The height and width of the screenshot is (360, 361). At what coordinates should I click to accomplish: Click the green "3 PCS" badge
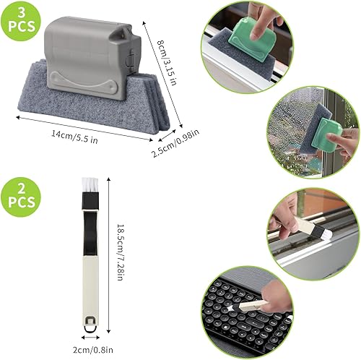tap(21, 21)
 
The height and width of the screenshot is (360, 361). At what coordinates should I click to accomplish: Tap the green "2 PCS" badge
tap(21, 197)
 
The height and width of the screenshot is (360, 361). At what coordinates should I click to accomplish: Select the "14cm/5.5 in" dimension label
tap(75, 137)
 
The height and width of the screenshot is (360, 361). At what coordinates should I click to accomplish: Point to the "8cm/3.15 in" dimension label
tap(167, 62)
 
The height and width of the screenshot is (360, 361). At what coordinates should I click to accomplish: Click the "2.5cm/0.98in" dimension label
tap(175, 143)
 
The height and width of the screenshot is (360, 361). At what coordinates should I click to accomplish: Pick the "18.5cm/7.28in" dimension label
tap(121, 252)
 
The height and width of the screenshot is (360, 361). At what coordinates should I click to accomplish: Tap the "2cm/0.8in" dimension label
tap(93, 349)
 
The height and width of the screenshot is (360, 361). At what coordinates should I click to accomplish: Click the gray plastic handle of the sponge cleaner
tap(92, 58)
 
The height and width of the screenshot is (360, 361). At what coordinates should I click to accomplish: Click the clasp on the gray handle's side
tap(131, 60)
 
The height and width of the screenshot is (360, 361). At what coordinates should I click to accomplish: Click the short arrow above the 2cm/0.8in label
tap(90, 338)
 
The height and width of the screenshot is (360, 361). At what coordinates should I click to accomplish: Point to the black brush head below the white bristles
tap(90, 202)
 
